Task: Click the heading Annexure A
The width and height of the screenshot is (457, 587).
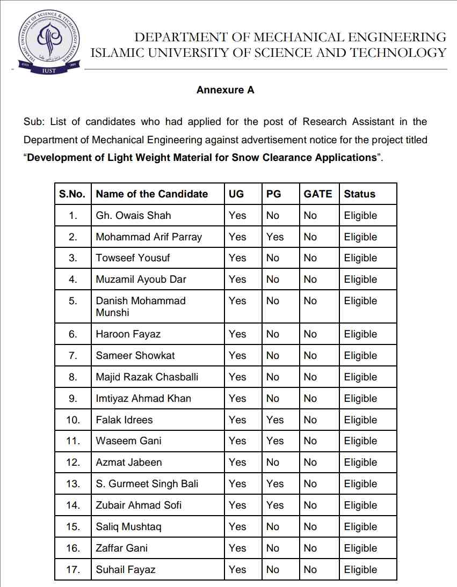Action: (x=225, y=90)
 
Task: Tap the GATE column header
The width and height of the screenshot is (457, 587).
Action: (x=318, y=194)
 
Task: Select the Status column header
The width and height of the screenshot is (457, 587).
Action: (x=359, y=194)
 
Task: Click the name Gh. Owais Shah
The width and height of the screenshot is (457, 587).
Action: (x=133, y=216)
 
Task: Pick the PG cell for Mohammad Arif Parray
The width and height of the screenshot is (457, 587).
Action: (x=274, y=237)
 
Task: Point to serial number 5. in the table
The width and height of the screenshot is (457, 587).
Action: (x=73, y=301)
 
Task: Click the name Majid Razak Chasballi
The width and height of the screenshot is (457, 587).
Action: (x=147, y=377)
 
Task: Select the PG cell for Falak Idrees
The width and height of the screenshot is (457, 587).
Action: (x=274, y=420)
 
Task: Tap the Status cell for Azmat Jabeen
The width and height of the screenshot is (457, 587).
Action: (x=360, y=463)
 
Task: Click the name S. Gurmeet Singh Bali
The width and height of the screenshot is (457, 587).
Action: (x=147, y=484)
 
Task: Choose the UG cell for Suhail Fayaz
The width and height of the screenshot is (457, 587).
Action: (x=237, y=570)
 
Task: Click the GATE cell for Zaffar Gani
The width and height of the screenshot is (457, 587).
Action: (x=310, y=548)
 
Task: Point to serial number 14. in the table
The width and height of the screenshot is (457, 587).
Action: (x=73, y=505)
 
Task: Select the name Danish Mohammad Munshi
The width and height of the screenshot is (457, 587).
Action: (x=140, y=306)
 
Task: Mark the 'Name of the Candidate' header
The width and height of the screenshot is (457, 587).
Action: (x=151, y=194)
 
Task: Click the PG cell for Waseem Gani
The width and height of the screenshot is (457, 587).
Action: (x=274, y=441)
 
